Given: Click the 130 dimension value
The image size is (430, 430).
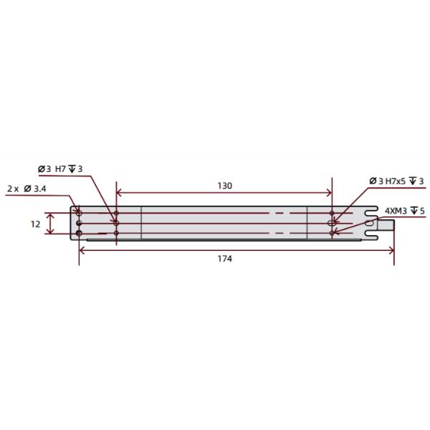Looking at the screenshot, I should tap(224, 186).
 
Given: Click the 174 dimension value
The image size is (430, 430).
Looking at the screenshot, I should tap(224, 258).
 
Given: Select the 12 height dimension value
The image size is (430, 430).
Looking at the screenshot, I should tap(35, 224).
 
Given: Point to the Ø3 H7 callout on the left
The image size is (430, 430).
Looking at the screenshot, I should tap(60, 168).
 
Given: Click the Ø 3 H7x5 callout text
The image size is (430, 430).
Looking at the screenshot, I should tap(397, 181).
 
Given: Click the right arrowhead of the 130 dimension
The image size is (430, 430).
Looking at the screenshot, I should tap(329, 193).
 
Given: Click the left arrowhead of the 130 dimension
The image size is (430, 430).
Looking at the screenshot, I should tap(120, 193).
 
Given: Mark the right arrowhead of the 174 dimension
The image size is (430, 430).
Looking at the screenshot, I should tap(391, 249).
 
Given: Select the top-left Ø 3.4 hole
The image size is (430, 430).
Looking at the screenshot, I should tap(79, 214).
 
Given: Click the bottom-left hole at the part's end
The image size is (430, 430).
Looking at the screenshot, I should tap(79, 233).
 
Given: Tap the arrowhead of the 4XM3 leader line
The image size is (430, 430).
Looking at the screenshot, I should tap(334, 231).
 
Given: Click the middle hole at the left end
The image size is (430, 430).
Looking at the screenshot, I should tap(79, 224).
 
